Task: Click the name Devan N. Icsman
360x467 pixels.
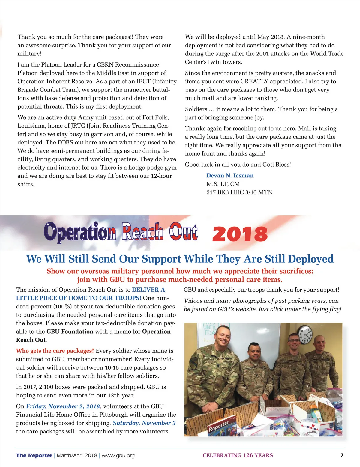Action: (x=230, y=176)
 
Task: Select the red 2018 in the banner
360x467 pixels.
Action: (x=240, y=234)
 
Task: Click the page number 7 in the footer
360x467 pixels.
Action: (x=342, y=455)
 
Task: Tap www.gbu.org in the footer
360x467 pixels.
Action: (x=118, y=455)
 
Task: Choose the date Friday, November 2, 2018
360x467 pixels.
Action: (x=63, y=406)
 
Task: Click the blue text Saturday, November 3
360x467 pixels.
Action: (x=144, y=423)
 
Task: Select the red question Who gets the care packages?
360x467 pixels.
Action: (x=55, y=351)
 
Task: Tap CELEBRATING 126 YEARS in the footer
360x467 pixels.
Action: (x=238, y=455)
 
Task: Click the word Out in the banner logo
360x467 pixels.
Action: (x=183, y=232)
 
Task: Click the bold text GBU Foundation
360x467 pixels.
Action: (x=70, y=332)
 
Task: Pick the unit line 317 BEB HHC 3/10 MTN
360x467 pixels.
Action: (x=239, y=192)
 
